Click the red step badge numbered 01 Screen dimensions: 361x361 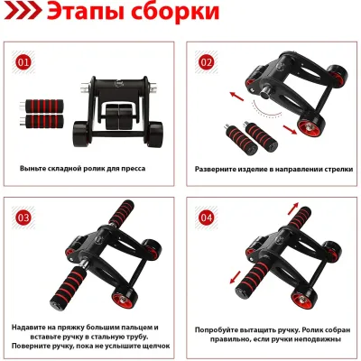pos(23,62)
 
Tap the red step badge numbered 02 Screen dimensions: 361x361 pos(206,62)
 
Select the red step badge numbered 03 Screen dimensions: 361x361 pos(23,218)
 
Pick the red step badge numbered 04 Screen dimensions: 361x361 pos(206,218)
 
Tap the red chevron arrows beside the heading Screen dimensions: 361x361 pos(23,12)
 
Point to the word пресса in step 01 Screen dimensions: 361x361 pos(133,169)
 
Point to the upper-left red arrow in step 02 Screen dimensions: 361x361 pos(237,97)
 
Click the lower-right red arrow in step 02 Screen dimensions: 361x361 pos(290,130)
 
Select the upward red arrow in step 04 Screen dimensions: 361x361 pos(293,208)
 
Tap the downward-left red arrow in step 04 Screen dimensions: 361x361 pos(236,277)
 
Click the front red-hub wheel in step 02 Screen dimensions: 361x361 pos(310,126)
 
